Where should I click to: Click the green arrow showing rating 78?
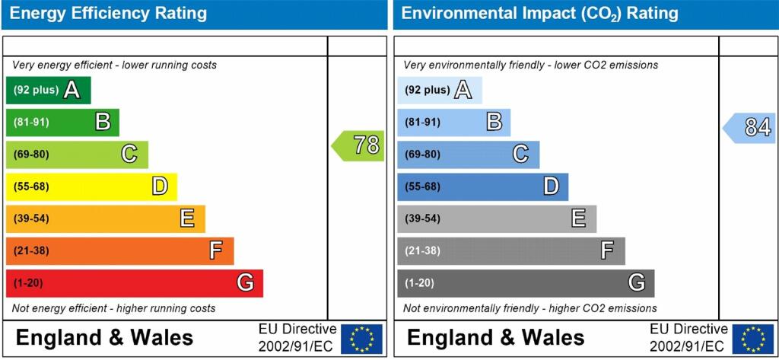(x=358, y=145)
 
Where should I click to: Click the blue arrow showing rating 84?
(x=749, y=128)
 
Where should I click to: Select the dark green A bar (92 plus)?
(x=48, y=91)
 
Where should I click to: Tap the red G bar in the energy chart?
(x=134, y=283)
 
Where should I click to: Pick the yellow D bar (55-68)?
(x=91, y=186)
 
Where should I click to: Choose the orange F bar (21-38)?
(x=119, y=251)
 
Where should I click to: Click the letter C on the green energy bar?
(x=129, y=155)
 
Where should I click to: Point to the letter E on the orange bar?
(x=187, y=219)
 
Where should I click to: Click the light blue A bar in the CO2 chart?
(x=439, y=91)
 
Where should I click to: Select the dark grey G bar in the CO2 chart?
(x=525, y=283)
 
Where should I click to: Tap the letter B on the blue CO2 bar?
(x=494, y=122)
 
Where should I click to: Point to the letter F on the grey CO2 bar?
(x=607, y=250)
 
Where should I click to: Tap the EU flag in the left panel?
(x=361, y=339)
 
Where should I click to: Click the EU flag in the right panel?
(x=752, y=339)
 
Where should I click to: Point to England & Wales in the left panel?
(x=104, y=338)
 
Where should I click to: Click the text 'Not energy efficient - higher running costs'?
(x=113, y=308)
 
